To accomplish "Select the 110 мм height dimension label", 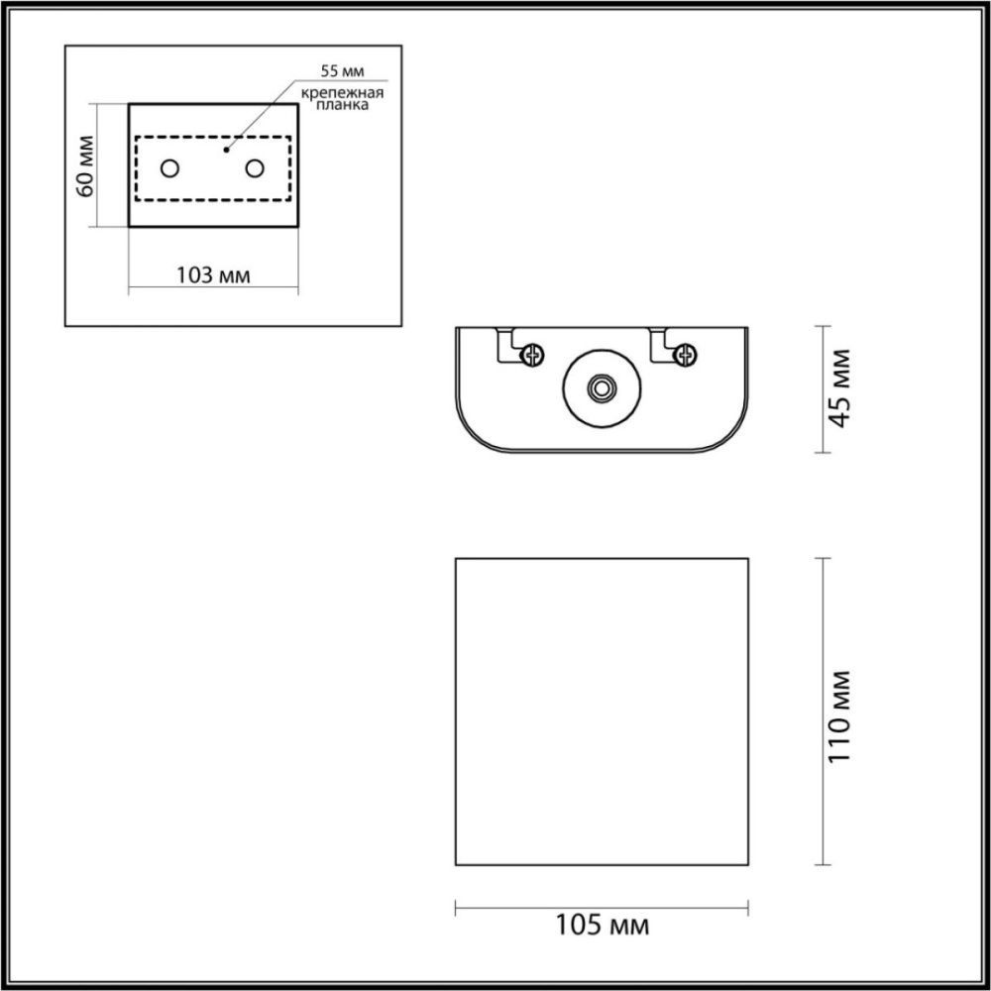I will point(840,715).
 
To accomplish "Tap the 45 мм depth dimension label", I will point(840,387).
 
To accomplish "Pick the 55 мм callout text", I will point(341,71).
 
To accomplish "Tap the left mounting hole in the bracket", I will point(170,168).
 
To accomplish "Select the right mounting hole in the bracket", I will point(256,168).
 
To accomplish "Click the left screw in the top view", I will point(535,352).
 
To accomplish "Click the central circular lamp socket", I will point(601,388).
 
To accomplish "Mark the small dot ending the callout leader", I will point(227,151).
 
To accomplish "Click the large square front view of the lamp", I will point(601,711).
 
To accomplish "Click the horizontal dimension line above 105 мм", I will point(601,905).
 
